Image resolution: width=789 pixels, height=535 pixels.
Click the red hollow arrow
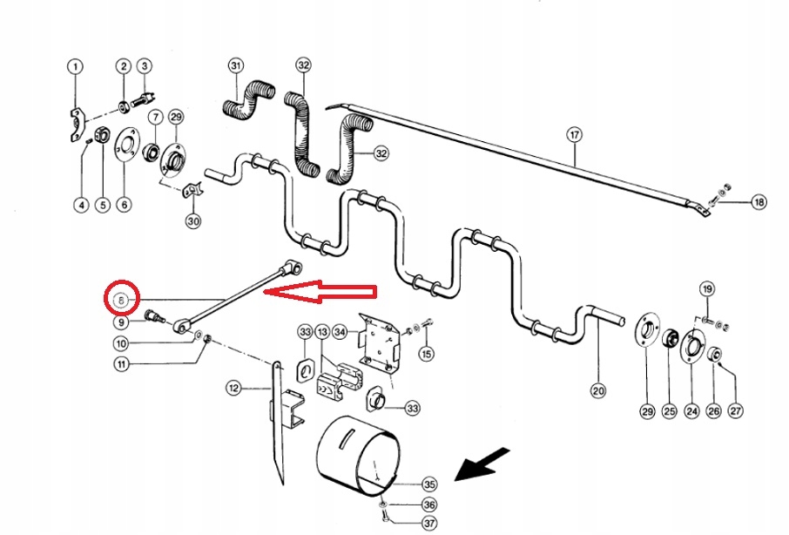[321, 294]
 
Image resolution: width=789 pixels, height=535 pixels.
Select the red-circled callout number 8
[121, 300]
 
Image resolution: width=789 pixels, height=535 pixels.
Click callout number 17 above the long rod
[573, 134]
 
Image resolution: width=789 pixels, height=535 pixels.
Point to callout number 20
[597, 391]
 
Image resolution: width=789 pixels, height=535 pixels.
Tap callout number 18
[759, 202]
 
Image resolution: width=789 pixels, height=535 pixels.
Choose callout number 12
[233, 387]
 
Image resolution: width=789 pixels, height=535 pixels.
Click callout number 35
[428, 484]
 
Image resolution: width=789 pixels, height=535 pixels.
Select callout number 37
[428, 523]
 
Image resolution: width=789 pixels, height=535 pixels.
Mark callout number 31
[235, 66]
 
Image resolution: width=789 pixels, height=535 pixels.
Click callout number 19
[706, 289]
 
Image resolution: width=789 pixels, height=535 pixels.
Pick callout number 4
[80, 206]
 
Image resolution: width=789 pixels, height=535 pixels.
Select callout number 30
[193, 221]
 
